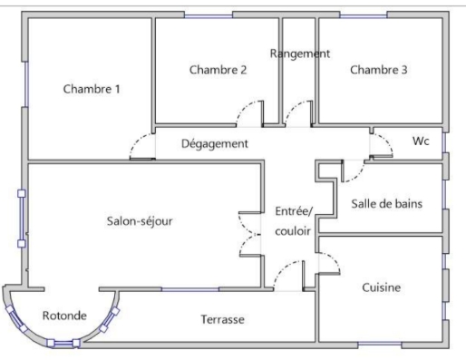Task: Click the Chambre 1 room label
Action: coord(92,89)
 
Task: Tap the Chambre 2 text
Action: coord(218,70)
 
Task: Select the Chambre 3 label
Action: coord(378,70)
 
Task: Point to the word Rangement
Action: coord(299,54)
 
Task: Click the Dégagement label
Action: coord(214,143)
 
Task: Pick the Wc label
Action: coord(421,141)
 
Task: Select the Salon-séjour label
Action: coord(140,219)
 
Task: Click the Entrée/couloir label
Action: coord(293,221)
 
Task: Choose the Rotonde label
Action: coord(64,316)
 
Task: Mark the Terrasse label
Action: coord(221,320)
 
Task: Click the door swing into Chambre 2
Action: coord(250,112)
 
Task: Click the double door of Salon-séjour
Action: coord(250,236)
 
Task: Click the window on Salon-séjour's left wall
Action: coord(20,218)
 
